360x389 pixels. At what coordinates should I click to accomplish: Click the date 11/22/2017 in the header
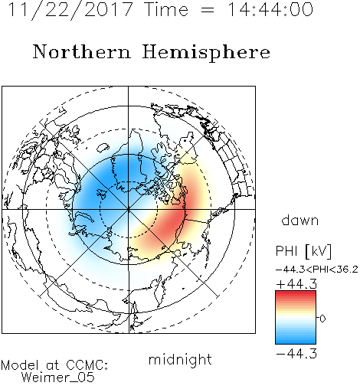click(x=70, y=10)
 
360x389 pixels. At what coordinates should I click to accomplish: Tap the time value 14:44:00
click(x=270, y=9)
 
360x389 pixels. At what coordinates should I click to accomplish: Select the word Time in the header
click(x=166, y=9)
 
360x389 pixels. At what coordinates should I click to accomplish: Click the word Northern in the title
click(x=82, y=52)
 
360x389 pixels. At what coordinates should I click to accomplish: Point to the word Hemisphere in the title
click(x=206, y=53)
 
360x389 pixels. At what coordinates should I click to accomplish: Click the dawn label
click(x=300, y=220)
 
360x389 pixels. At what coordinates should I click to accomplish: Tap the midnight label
click(x=180, y=359)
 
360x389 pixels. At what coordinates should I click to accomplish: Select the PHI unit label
click(x=286, y=251)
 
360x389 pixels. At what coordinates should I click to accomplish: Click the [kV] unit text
click(x=318, y=251)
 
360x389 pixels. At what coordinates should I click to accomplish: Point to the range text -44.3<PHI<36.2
click(x=317, y=270)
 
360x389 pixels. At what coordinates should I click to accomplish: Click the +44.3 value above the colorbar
click(x=296, y=284)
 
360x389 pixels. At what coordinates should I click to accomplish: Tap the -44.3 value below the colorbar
click(x=296, y=354)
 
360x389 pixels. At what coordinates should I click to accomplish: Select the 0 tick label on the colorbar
click(x=322, y=319)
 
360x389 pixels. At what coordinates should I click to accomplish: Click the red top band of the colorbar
click(x=296, y=294)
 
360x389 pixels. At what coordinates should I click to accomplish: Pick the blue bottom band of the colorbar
click(x=296, y=340)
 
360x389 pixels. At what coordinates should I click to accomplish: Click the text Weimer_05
click(x=58, y=377)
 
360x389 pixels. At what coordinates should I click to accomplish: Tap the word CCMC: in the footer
click(x=87, y=365)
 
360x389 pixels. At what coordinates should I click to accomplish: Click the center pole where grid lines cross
click(x=129, y=209)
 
